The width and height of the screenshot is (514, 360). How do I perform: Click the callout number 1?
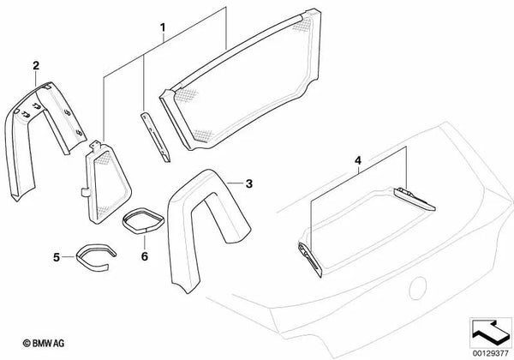pos(163,27)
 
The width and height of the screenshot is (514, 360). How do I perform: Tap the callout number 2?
pos(36,66)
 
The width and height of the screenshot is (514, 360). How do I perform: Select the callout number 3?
pos(249,184)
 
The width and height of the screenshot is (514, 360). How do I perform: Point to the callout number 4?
pos(358,160)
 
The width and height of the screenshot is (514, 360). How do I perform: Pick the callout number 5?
pos(57,257)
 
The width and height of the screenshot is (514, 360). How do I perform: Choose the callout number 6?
pos(145,256)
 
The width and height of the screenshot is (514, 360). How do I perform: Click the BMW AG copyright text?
pos(44,343)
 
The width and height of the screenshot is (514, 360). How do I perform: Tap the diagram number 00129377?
pos(490,353)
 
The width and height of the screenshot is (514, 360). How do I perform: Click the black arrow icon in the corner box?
pos(490,332)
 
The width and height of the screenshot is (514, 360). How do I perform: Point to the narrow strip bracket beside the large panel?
pos(155,137)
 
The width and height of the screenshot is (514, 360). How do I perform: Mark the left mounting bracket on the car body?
pos(310,260)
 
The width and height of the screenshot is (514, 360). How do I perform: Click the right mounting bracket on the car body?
pos(415,199)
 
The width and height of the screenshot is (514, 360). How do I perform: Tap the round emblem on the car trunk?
pos(418,288)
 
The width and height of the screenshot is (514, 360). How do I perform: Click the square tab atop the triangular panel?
pos(96,145)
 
